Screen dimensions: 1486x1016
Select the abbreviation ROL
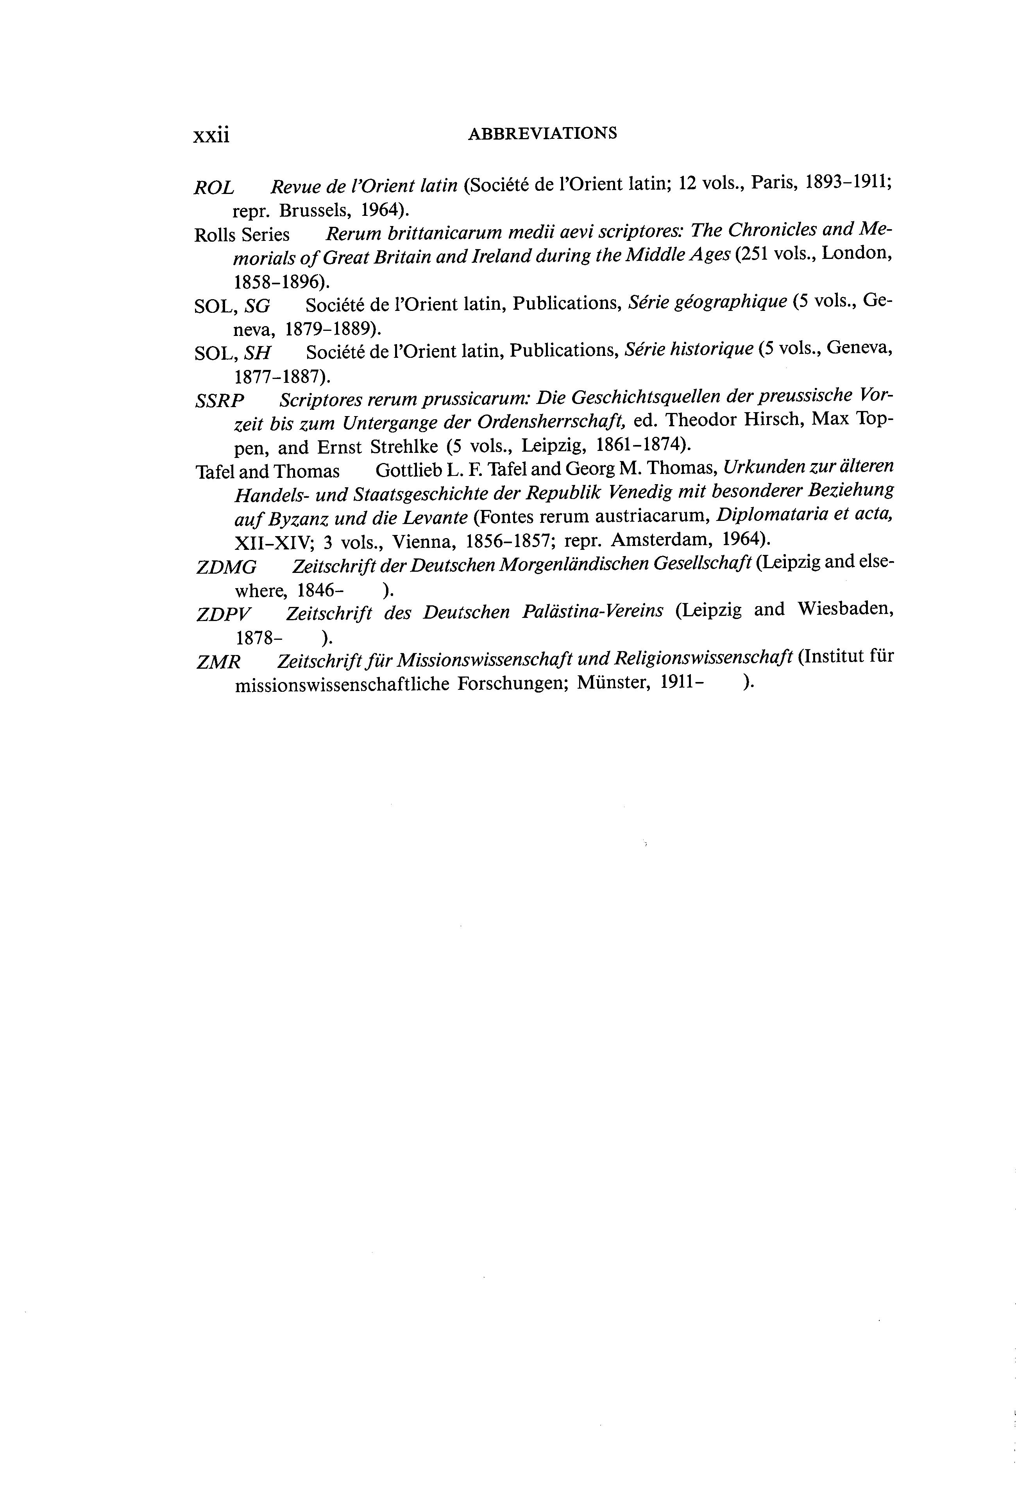click(214, 188)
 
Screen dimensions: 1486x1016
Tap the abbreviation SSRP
click(220, 401)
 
